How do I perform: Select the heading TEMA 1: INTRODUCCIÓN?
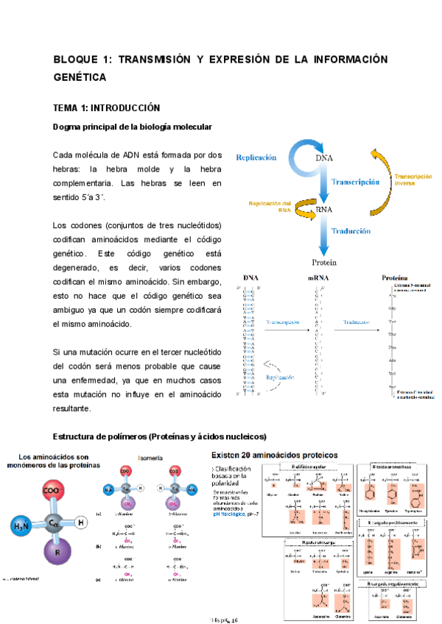pyautogui.click(x=107, y=107)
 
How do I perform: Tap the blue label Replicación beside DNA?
pyautogui.click(x=256, y=157)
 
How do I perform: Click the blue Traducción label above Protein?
pyautogui.click(x=350, y=231)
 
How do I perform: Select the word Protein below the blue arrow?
pyautogui.click(x=324, y=262)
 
